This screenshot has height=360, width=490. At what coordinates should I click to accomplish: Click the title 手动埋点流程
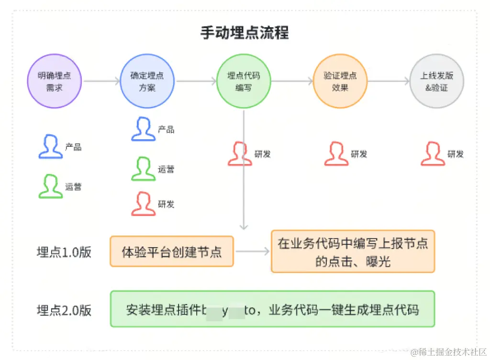(244, 33)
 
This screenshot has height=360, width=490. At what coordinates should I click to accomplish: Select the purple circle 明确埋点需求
(55, 81)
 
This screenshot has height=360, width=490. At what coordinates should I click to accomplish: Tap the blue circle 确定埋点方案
(147, 81)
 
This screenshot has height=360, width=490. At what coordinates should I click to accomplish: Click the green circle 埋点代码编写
(244, 81)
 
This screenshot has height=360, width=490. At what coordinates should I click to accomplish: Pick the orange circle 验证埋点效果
(340, 81)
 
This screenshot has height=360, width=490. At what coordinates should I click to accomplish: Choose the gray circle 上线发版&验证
(437, 81)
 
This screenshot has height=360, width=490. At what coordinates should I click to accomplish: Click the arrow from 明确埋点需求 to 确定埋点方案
(101, 81)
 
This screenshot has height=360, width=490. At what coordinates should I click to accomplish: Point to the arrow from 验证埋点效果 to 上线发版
(389, 81)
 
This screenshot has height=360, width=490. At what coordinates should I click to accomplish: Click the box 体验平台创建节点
(172, 251)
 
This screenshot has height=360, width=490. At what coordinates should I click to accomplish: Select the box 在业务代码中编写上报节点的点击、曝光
(353, 252)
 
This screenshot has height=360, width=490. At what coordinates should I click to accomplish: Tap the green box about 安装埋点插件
(272, 309)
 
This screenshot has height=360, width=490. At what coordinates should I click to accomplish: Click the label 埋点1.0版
(64, 252)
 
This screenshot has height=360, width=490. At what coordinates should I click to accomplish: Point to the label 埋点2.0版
(64, 310)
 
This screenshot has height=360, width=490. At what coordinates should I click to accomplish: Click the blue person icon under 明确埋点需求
(50, 146)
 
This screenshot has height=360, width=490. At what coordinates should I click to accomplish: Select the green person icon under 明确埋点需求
(50, 186)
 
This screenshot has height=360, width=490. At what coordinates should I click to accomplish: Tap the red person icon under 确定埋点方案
(143, 204)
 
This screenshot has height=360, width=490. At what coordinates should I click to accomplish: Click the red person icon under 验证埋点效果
(336, 154)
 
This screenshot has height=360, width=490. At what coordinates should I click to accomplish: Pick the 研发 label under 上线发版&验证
(456, 154)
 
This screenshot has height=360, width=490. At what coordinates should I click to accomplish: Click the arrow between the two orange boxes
(252, 251)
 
